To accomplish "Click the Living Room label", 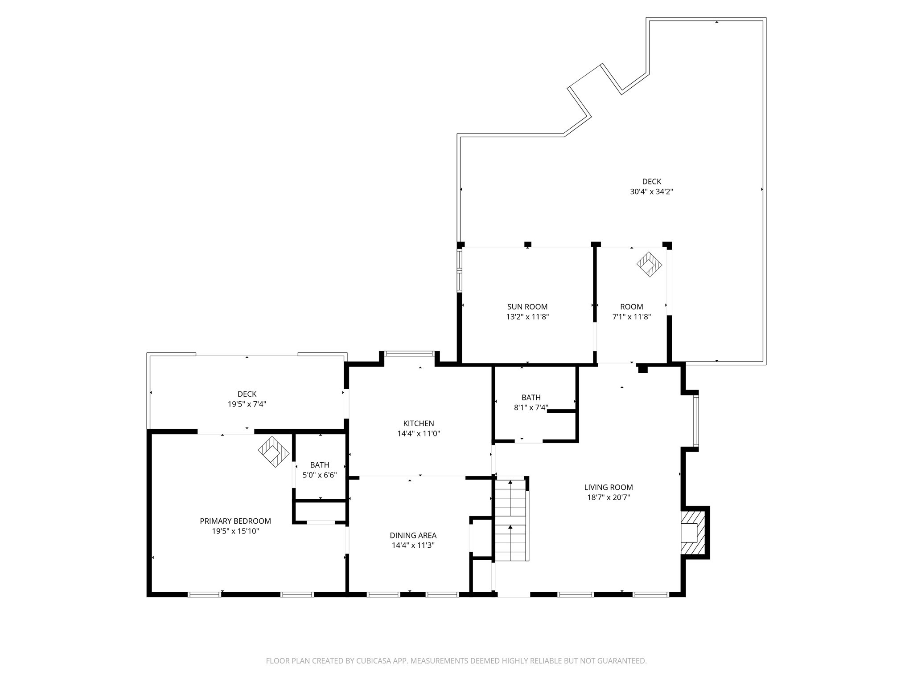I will coord(609,487).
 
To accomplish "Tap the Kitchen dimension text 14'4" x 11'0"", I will coord(419,433).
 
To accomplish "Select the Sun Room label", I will coord(527,306).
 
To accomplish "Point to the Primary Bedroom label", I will coord(235,521).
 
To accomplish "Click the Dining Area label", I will coord(413,535).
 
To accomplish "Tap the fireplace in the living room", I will coord(693,532).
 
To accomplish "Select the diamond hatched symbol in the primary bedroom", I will coord(273,452).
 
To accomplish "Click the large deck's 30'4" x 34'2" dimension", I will coord(651,192).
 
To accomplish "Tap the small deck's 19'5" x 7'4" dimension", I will coord(247,404).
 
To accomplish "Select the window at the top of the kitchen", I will coord(409,354).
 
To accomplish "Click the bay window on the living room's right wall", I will coord(696,421).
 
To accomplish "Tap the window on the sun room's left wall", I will coord(459,270).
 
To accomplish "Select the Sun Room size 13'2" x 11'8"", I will coord(527,317).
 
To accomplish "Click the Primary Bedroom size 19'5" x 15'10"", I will coord(235,531).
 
